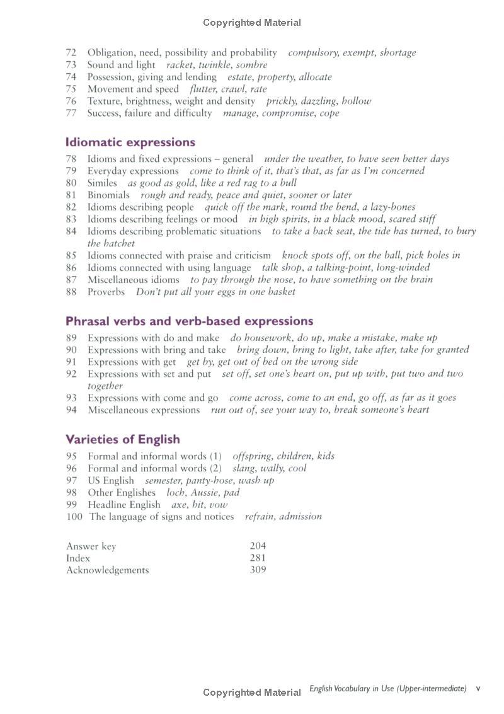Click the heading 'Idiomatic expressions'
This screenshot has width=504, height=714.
coord(130,142)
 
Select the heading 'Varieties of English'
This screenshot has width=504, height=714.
coord(123,439)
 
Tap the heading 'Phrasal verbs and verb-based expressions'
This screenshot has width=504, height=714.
coord(190,321)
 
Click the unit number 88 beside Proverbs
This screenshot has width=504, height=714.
coord(71,292)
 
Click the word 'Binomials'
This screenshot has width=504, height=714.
coord(108,195)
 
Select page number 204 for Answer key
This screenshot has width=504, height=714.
coord(258,546)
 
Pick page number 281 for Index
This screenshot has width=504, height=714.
coord(258,558)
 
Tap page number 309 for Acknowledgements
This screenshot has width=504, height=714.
coord(258,570)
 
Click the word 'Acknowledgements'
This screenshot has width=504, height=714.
coord(108,570)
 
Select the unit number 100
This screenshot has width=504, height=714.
coord(74,517)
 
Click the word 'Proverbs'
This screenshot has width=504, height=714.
coord(106,292)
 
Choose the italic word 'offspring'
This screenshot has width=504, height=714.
coord(252,456)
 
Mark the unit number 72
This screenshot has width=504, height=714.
coord(71,53)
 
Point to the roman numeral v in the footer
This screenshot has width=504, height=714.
coord(478,689)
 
